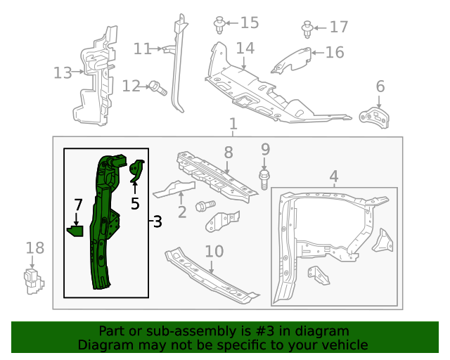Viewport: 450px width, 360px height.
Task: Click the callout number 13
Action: tap(63, 72)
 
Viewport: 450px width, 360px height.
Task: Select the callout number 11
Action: tap(143, 49)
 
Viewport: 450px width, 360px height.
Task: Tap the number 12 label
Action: tap(131, 86)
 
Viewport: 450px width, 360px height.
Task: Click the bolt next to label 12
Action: tap(156, 88)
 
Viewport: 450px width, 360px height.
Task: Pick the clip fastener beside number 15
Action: tap(219, 25)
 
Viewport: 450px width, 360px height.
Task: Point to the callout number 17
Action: tap(339, 27)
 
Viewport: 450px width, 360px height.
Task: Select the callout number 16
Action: tap(335, 52)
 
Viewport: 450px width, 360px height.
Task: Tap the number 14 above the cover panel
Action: tap(245, 49)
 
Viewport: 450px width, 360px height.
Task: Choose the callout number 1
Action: tap(233, 124)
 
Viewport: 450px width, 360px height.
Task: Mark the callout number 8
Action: tap(228, 152)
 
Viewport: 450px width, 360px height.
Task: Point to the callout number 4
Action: tap(334, 176)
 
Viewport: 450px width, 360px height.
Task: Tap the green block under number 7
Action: tap(75, 230)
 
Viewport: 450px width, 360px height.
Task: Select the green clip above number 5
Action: tap(137, 170)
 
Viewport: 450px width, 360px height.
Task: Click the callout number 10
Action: tap(214, 251)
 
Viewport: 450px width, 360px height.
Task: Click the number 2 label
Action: tap(181, 211)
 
